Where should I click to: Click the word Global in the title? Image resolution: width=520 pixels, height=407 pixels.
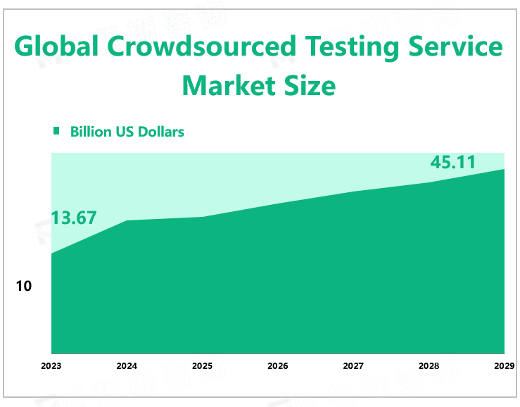coord(56,47)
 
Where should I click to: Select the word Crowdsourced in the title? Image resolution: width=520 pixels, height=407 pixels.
coord(203,47)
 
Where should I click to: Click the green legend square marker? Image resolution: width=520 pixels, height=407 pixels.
coord(57,131)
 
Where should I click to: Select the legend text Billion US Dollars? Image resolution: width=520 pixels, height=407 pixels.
coord(127,132)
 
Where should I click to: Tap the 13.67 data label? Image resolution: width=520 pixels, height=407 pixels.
coord(74,218)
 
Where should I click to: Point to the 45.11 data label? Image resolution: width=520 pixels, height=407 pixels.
coord(453,163)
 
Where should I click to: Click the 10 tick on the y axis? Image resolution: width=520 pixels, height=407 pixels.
coord(24,287)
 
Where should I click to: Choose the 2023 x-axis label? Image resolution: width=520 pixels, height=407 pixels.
coord(51,366)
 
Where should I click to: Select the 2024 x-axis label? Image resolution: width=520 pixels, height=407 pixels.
coord(127,366)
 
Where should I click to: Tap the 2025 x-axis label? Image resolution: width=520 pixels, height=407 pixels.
coord(202,366)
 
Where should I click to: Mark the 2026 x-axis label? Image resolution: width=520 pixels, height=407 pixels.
coord(278,366)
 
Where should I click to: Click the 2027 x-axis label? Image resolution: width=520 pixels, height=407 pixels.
coord(353,366)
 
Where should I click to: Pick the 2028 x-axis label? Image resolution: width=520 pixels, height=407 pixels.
coord(429,366)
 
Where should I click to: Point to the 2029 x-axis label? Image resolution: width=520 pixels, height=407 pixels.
coord(504,366)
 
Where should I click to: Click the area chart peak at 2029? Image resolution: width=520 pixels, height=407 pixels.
coord(504,169)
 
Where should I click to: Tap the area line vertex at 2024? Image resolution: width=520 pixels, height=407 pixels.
coord(127,220)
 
